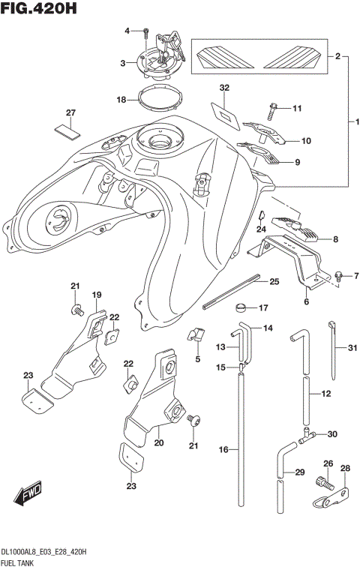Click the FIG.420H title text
coord(39,10)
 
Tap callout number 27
coord(70,113)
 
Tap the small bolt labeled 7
coord(338,276)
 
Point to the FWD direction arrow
coord(25,496)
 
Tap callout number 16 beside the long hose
coord(223,449)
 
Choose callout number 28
coord(346,469)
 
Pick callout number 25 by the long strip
coord(274,281)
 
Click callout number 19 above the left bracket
coord(97,295)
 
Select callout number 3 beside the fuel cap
coord(123,64)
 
